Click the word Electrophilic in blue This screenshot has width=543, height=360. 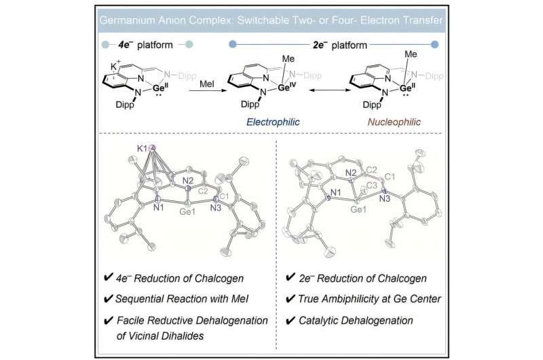273,122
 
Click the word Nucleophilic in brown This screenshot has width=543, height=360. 394,122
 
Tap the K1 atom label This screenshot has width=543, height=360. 142,149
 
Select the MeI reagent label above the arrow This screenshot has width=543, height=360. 207,84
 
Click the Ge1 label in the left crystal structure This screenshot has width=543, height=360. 187,211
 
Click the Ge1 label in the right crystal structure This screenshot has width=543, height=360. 358,209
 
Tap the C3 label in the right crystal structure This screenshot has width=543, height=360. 371,185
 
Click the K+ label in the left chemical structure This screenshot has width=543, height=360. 115,65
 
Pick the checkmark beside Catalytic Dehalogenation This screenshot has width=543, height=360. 291,321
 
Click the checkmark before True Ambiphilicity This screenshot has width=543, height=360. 291,299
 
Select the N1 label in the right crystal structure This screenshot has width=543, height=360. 335,192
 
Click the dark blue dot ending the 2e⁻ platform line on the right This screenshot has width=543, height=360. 435,44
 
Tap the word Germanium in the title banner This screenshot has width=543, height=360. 126,20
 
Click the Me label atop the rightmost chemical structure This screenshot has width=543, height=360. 411,54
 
